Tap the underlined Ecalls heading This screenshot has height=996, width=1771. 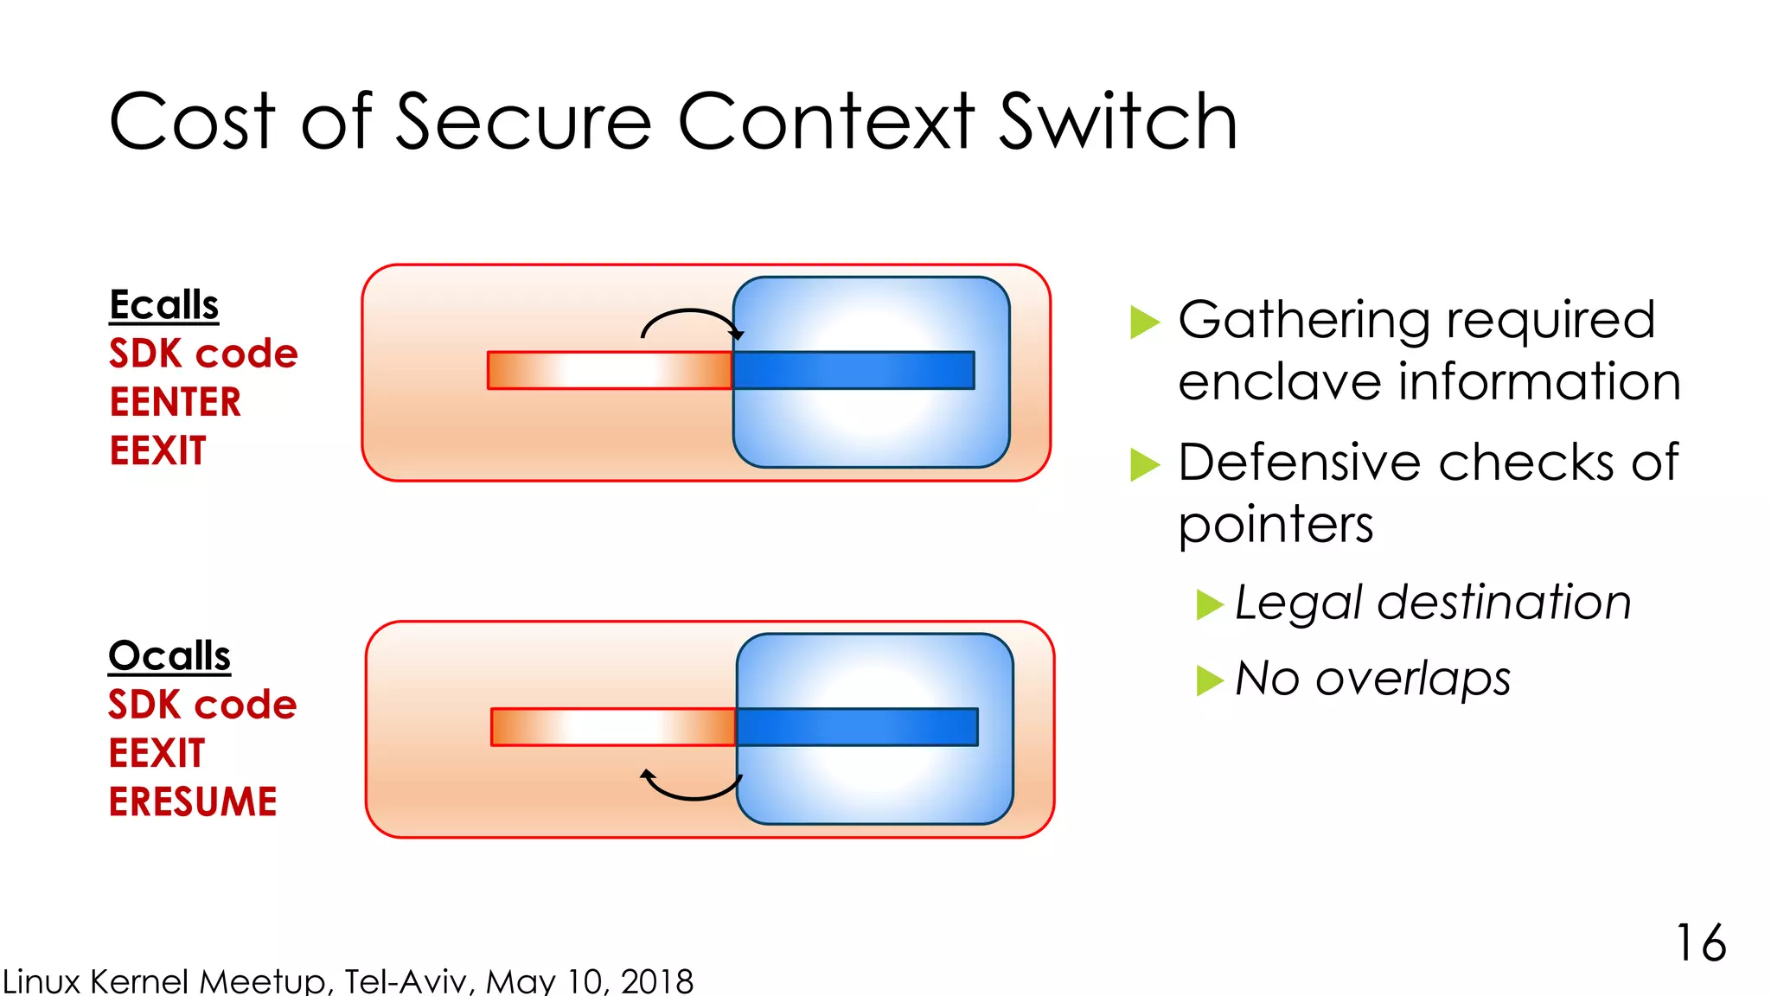click(x=164, y=305)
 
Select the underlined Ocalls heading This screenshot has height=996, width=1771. click(x=169, y=656)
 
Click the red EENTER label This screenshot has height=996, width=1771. click(x=176, y=402)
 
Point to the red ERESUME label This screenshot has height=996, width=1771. click(x=193, y=801)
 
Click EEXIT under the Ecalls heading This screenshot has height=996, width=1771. click(x=158, y=450)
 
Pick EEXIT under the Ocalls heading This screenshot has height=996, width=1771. click(x=157, y=753)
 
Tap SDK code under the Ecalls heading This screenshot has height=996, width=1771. click(x=203, y=354)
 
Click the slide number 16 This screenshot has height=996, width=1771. click(x=1700, y=942)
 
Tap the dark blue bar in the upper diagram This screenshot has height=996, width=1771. click(x=854, y=370)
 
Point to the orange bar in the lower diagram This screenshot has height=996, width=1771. click(x=612, y=727)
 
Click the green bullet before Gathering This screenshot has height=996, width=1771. click(x=1144, y=322)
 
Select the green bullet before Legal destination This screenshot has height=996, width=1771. click(x=1209, y=604)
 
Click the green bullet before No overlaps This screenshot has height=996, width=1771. click(x=1209, y=680)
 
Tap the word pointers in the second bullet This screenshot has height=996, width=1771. click(x=1276, y=525)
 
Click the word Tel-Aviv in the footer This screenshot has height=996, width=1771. click(x=409, y=981)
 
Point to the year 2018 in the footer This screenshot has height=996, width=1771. click(x=657, y=981)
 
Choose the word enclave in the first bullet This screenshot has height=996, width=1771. click(x=1279, y=382)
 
